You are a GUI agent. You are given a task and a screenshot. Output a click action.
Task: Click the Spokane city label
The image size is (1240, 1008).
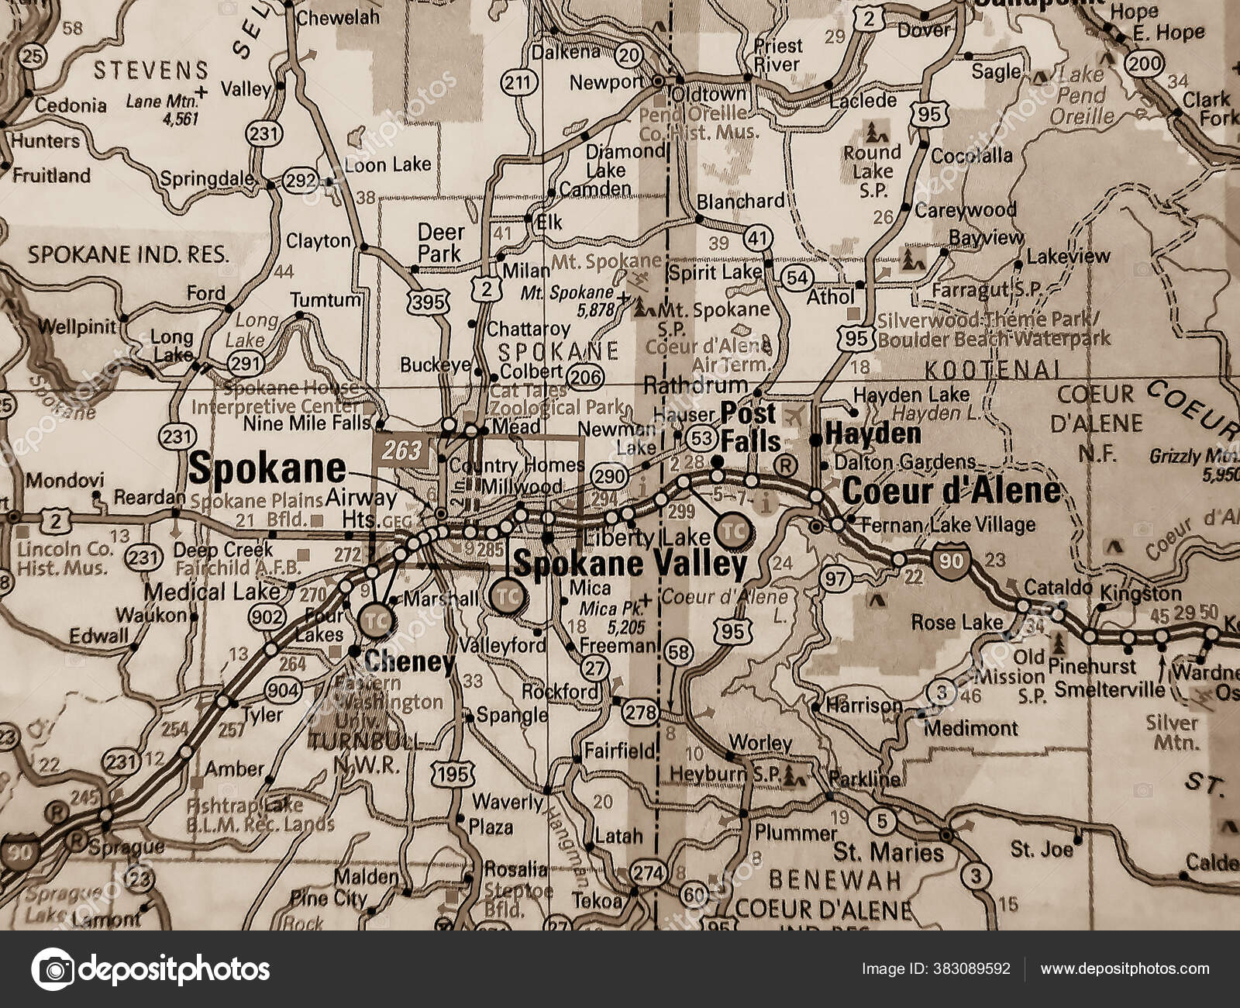[x=267, y=468]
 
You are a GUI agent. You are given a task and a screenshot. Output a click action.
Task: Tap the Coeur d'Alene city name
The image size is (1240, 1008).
[x=951, y=490]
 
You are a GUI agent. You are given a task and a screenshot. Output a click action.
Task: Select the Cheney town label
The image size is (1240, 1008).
[x=409, y=661]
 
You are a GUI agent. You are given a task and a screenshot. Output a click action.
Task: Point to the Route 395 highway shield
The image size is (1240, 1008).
[x=428, y=302]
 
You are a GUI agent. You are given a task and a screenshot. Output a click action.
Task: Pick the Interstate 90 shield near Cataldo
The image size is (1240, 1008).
[x=951, y=560]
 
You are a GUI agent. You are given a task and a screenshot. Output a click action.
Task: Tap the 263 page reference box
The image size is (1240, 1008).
[x=401, y=449]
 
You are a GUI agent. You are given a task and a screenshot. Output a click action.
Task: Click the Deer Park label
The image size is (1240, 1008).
[x=441, y=242]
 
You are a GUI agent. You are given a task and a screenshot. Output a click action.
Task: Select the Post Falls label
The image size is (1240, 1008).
[x=749, y=427]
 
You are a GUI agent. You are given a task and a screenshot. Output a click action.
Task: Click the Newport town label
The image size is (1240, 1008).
[x=606, y=81]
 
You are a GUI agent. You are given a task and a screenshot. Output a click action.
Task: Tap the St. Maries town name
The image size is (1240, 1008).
[x=888, y=852]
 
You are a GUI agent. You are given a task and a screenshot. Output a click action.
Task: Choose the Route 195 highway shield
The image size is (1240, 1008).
[x=451, y=773]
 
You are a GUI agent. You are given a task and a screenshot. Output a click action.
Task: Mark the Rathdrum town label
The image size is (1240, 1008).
[x=695, y=385]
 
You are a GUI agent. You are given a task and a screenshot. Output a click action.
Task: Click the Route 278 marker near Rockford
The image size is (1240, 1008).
[x=641, y=712]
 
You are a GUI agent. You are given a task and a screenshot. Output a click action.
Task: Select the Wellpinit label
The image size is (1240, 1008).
[x=76, y=326]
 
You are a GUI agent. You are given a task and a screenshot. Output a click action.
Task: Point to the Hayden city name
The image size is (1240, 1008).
[x=873, y=433]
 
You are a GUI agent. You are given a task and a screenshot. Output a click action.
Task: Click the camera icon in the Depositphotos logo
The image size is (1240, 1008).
[x=53, y=969]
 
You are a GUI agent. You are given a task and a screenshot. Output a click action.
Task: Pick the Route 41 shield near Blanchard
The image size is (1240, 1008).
[x=757, y=238]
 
